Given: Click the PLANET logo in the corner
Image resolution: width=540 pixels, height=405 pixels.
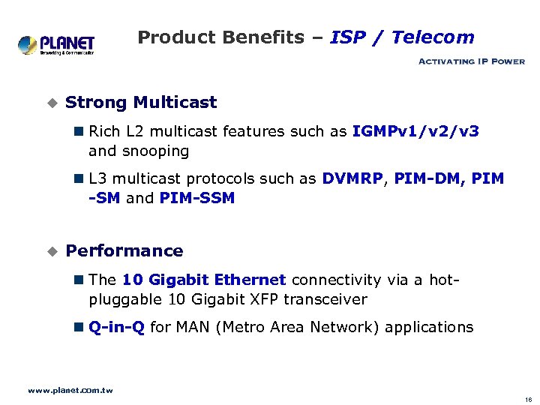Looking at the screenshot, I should [x=56, y=44].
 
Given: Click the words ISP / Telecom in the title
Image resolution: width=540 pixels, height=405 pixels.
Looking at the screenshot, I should [x=402, y=37].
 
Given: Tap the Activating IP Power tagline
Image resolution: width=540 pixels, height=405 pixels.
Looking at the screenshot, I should [x=471, y=61].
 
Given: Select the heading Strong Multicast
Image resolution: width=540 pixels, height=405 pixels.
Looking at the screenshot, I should [x=141, y=103].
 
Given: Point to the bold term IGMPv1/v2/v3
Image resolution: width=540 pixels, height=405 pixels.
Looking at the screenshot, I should [x=415, y=131].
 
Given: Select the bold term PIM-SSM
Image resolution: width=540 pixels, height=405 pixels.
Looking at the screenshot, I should [x=197, y=198].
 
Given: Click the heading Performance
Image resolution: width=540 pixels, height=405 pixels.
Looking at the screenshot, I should [x=124, y=250].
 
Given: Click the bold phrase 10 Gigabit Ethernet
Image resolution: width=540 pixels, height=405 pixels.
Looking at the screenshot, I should [x=204, y=280].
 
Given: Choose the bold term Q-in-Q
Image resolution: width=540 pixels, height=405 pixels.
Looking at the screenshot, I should [x=116, y=327].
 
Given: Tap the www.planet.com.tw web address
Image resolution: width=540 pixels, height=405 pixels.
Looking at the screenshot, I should [x=70, y=390].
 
